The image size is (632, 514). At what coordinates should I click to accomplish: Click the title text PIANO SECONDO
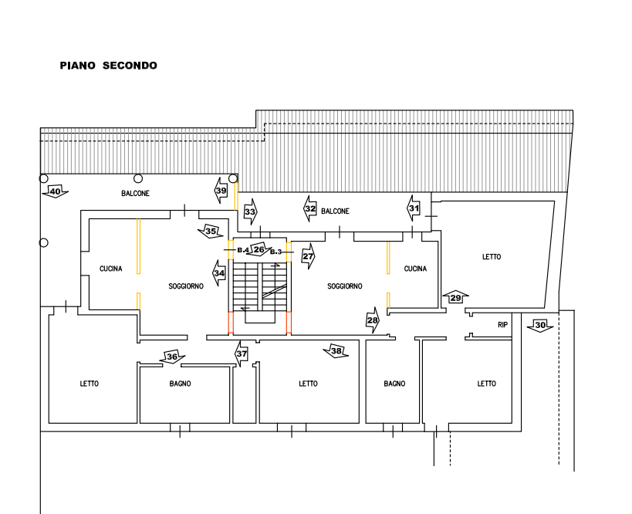click(x=109, y=66)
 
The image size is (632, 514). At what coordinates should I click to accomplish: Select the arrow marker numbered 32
click(x=311, y=210)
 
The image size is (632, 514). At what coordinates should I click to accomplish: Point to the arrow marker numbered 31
click(x=414, y=208)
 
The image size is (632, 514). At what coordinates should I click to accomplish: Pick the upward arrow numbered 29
click(x=456, y=297)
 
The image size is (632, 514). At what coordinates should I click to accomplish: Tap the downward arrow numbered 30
click(x=539, y=327)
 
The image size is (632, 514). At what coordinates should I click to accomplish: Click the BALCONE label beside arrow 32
click(x=336, y=211)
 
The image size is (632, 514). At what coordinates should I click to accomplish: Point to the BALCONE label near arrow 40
click(x=135, y=193)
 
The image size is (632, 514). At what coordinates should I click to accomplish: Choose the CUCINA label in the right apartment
click(x=415, y=269)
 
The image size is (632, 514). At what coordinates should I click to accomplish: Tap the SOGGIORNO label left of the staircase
click(x=185, y=286)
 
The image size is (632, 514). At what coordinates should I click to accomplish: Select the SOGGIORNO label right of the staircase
click(x=344, y=286)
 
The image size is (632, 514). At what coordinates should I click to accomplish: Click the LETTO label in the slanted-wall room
click(x=492, y=257)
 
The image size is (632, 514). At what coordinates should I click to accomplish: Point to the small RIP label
click(x=502, y=325)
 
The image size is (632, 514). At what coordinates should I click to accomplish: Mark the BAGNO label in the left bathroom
click(x=181, y=384)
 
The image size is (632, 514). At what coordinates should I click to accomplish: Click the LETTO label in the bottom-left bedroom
click(x=90, y=384)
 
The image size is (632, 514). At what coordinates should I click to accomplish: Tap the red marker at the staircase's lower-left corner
click(x=229, y=323)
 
